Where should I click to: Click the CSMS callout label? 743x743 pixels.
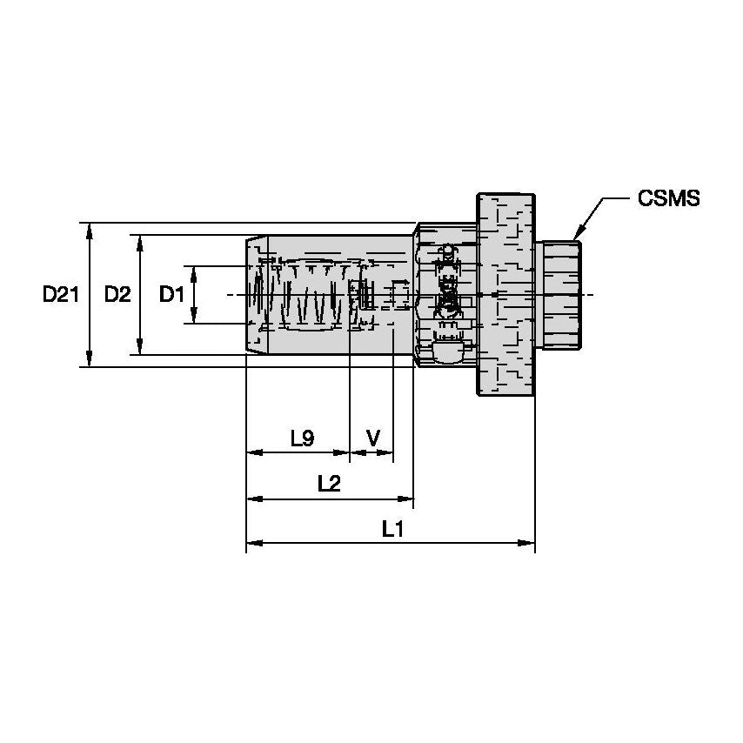(x=667, y=198)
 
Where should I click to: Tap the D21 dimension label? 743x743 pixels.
(x=61, y=295)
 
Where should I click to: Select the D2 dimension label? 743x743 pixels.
(x=117, y=295)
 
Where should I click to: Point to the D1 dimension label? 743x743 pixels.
(x=171, y=295)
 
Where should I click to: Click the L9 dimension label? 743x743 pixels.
(x=301, y=438)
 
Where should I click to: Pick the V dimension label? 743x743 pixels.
(x=373, y=438)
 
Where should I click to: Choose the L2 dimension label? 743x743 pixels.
(x=328, y=484)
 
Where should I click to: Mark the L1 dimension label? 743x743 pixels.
(x=392, y=528)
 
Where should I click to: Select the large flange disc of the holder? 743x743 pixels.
(x=505, y=294)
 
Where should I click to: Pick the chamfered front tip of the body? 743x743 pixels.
(x=253, y=295)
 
